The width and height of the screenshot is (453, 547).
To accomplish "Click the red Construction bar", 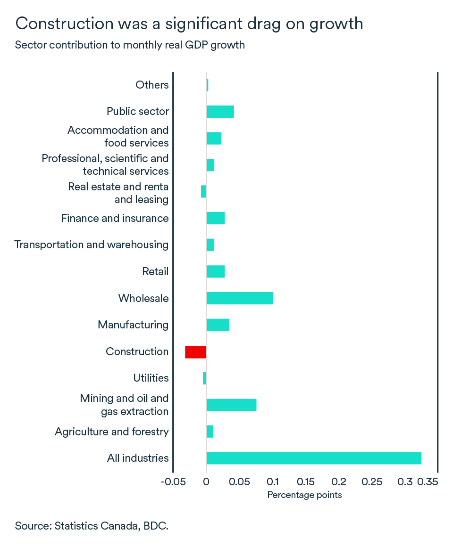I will pyautogui.click(x=195, y=352).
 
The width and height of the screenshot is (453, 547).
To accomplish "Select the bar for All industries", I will pyautogui.click(x=314, y=458).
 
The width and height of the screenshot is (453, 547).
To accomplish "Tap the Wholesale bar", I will pyautogui.click(x=240, y=298).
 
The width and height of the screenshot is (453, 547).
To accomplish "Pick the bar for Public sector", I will pyautogui.click(x=220, y=112).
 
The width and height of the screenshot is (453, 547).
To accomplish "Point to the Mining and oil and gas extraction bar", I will pyautogui.click(x=231, y=405).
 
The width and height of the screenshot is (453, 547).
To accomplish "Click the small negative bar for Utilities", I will pyautogui.click(x=204, y=378).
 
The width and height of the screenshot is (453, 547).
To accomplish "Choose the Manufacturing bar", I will pyautogui.click(x=218, y=325).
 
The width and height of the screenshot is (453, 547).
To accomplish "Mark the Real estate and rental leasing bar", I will pyautogui.click(x=203, y=191).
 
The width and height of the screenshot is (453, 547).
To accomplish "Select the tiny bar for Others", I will pyautogui.click(x=207, y=85).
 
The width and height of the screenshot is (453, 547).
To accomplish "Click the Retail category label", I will pyautogui.click(x=155, y=272).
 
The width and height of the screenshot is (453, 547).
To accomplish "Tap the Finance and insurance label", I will pyautogui.click(x=115, y=219).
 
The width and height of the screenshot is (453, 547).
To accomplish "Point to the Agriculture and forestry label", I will pyautogui.click(x=112, y=432).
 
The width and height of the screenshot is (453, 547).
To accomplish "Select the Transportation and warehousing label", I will pyautogui.click(x=92, y=245).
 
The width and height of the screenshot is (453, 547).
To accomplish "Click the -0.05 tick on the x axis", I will pyautogui.click(x=173, y=482).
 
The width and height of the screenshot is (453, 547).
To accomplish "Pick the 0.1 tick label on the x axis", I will pyautogui.click(x=273, y=482).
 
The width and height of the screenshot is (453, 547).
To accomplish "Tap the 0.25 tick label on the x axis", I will pyautogui.click(x=372, y=482).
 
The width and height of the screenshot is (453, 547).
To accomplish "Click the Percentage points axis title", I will pyautogui.click(x=304, y=495).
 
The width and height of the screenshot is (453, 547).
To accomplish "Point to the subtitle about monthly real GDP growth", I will pyautogui.click(x=130, y=46).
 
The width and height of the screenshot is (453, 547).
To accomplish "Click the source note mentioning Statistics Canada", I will pyautogui.click(x=92, y=526).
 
